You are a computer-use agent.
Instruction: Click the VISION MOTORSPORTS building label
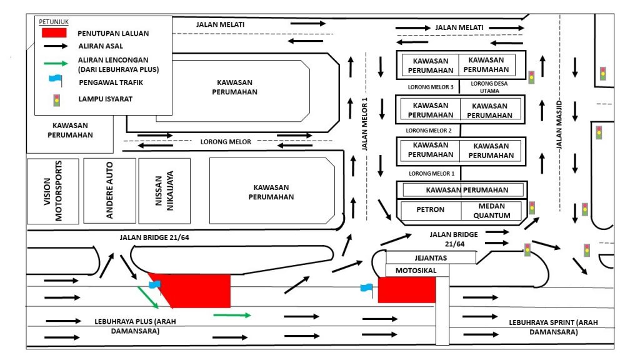[52, 191]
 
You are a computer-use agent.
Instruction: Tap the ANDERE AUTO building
[109, 191]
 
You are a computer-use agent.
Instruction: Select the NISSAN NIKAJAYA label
[164, 191]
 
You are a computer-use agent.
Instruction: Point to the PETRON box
[430, 210]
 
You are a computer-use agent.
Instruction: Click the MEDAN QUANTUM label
[492, 211]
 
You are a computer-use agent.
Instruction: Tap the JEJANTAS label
[431, 258]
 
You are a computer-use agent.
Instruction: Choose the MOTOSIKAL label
[416, 271]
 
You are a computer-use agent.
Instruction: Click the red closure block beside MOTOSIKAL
[406, 290]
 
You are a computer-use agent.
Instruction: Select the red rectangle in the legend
[54, 32]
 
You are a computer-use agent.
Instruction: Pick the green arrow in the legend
[56, 63]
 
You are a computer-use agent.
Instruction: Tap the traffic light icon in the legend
[57, 100]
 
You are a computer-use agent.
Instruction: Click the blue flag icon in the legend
[56, 81]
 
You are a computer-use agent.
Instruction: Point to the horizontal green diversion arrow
[232, 315]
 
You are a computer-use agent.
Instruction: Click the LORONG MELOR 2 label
[429, 131]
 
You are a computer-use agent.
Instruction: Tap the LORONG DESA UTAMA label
[489, 87]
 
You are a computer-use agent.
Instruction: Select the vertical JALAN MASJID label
[559, 124]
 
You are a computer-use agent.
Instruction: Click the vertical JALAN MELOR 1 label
[365, 124]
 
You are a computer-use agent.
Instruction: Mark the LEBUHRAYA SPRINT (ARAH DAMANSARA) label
[554, 327]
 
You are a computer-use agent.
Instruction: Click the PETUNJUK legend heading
[54, 22]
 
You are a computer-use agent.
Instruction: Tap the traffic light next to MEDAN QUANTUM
[532, 207]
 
